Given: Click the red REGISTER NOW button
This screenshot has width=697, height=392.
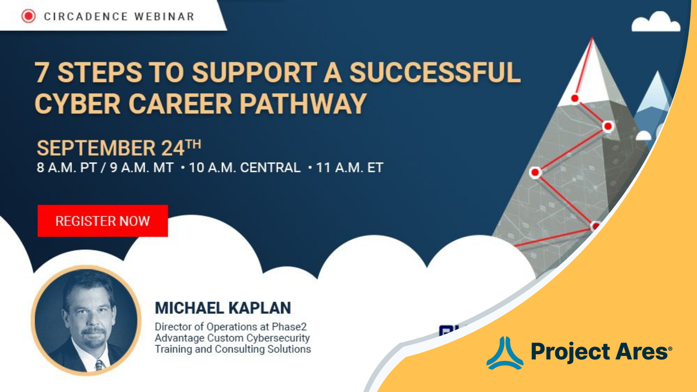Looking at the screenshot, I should [x=102, y=221].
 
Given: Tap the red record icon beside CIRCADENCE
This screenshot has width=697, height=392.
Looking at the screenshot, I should [x=28, y=16].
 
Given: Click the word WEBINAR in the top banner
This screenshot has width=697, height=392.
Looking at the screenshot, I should [x=164, y=17].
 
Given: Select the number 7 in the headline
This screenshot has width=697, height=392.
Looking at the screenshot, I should [x=42, y=73].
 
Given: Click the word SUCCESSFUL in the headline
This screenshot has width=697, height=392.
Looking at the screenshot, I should [x=435, y=73].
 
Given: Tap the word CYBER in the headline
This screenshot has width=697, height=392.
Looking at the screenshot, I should [x=77, y=104].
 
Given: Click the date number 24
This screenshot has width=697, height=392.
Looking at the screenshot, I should [x=173, y=148].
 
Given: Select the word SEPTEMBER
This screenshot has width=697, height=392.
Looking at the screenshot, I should [x=96, y=148].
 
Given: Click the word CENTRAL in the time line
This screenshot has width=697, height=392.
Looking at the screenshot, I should [x=270, y=168].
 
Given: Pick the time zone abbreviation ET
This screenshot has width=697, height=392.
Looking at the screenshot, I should [x=375, y=168].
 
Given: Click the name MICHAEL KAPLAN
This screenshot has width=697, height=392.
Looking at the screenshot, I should [x=223, y=308].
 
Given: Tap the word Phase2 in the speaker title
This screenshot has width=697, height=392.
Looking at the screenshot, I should [x=289, y=327].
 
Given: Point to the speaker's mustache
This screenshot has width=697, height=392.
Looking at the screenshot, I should [x=94, y=331].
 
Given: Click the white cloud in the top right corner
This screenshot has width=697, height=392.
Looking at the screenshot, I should [x=656, y=23].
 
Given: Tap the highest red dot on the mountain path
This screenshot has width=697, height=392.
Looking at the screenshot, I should [x=575, y=98].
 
